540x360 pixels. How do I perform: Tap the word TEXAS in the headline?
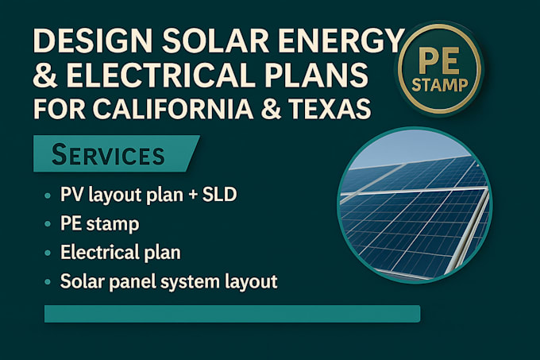point(332,108)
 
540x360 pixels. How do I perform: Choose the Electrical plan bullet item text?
point(119,253)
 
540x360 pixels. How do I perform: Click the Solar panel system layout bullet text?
point(168,281)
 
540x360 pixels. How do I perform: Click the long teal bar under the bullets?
point(231,314)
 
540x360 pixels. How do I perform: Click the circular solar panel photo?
point(414,206)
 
